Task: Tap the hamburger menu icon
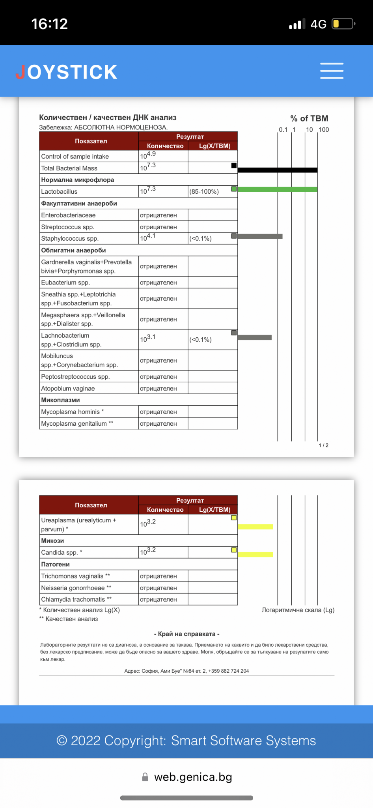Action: click(332, 71)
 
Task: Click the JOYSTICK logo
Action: click(67, 72)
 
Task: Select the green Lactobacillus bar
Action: click(278, 189)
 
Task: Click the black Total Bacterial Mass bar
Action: click(278, 170)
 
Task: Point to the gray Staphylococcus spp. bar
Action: click(260, 236)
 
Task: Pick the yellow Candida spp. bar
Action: click(255, 554)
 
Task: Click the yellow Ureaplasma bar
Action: click(255, 527)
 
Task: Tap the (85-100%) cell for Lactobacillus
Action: click(204, 192)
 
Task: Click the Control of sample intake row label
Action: click(75, 157)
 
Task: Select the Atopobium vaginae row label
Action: click(68, 389)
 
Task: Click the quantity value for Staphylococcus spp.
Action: click(148, 238)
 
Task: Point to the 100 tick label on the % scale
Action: click(324, 130)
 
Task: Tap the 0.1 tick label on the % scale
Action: click(283, 130)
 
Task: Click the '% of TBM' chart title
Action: click(309, 118)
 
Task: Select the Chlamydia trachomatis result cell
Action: click(159, 599)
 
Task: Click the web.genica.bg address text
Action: click(193, 777)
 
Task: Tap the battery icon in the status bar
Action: click(343, 24)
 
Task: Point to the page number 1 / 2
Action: click(323, 445)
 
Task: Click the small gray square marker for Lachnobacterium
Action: click(234, 333)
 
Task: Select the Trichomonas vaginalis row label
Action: click(75, 576)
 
